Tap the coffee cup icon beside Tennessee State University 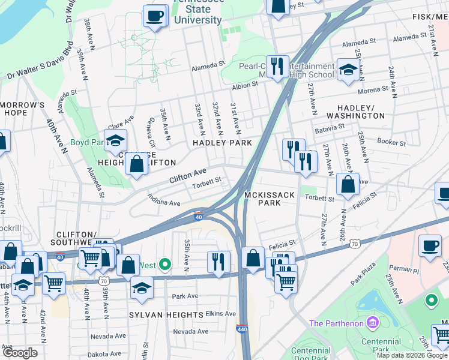pyautogui.click(x=155, y=16)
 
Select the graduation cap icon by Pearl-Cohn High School pyautogui.click(x=348, y=70)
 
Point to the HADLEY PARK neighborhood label pyautogui.click(x=221, y=143)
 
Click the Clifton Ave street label pyautogui.click(x=187, y=175)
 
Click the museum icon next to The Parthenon pyautogui.click(x=373, y=324)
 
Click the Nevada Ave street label pyautogui.click(x=190, y=331)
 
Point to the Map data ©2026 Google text pyautogui.click(x=411, y=355)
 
